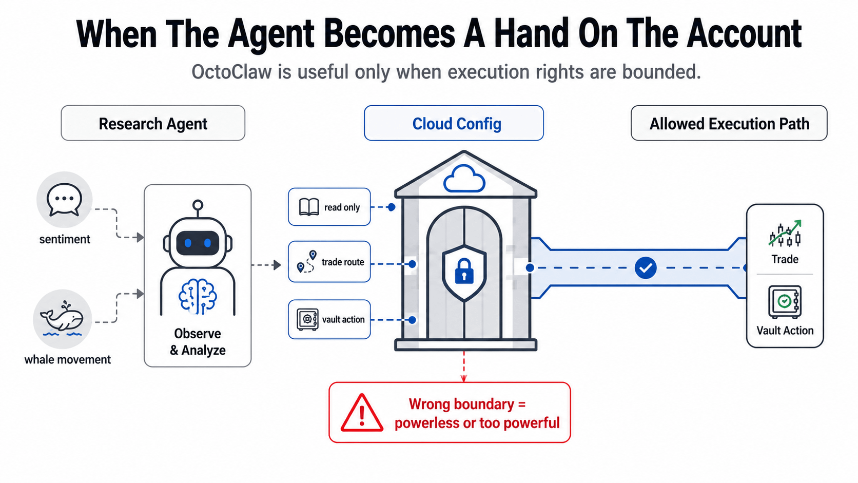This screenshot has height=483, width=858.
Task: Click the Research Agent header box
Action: [153, 123]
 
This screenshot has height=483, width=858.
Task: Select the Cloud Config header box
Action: [454, 123]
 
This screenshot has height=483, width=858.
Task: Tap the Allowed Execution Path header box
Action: [729, 123]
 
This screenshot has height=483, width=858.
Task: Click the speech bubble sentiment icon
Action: [64, 200]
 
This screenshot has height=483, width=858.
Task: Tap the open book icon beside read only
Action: [309, 207]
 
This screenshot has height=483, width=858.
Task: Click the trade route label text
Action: [343, 262]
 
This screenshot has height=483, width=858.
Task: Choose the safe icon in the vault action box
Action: [307, 319]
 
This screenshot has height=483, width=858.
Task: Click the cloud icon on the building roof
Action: [464, 178]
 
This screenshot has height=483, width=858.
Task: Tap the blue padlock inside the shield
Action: [464, 271]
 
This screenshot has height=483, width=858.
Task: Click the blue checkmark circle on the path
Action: [646, 268]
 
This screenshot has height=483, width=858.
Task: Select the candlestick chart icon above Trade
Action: [785, 233]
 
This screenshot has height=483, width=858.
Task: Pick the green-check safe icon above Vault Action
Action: [785, 302]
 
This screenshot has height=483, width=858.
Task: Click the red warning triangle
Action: [362, 413]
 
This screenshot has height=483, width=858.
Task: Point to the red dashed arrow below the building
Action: [464, 366]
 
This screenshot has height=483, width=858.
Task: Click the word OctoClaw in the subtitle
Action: [231, 72]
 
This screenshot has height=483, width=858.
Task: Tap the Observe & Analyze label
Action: [198, 342]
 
